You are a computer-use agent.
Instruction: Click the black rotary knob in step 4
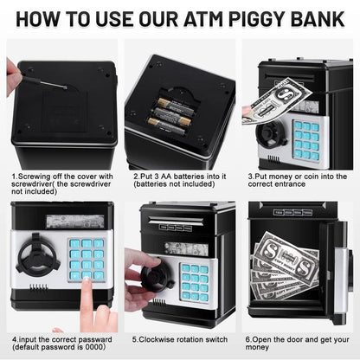click(x=39, y=257)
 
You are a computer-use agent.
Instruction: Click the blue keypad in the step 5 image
click(x=194, y=280)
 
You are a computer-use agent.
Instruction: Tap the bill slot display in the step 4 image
click(x=66, y=222)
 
